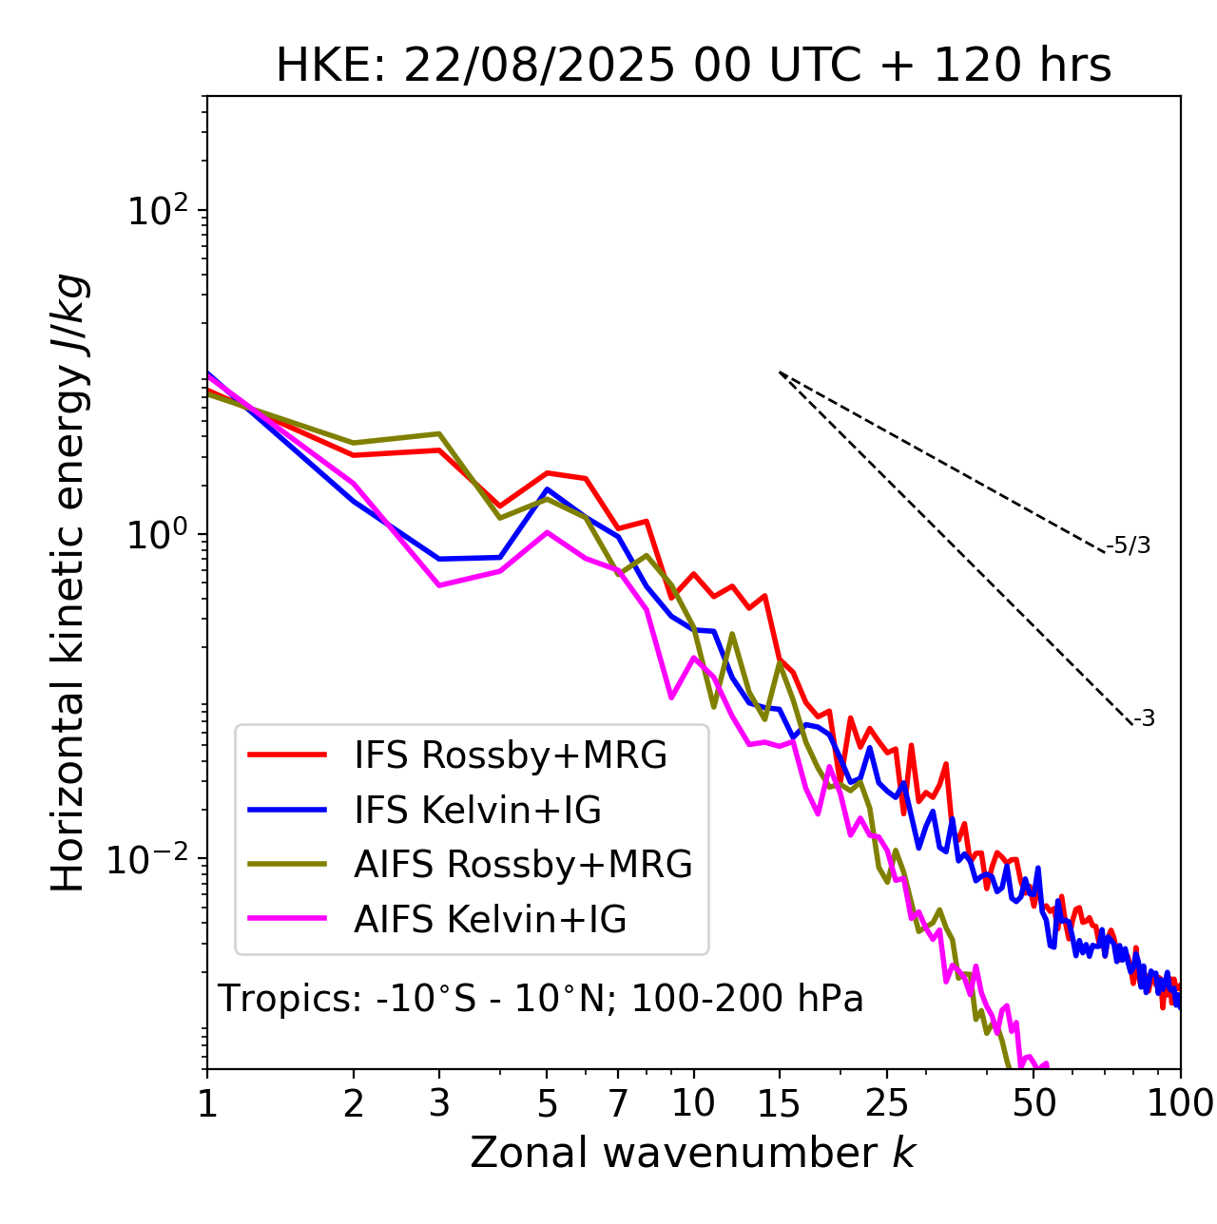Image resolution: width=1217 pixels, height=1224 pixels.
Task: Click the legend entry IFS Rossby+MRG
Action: (x=510, y=755)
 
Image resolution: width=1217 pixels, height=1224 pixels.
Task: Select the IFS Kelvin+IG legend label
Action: (x=477, y=811)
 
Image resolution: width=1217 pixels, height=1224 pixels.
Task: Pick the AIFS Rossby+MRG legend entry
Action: (x=522, y=865)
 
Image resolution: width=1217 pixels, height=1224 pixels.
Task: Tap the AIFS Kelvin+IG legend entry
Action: (x=490, y=920)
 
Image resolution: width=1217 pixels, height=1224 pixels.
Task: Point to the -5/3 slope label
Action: (x=1129, y=546)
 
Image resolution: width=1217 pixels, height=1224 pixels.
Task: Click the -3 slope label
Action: (x=1144, y=719)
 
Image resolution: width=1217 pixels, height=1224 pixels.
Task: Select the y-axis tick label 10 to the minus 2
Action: (x=152, y=857)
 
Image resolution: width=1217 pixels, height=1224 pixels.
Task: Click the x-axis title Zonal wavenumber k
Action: (x=692, y=1153)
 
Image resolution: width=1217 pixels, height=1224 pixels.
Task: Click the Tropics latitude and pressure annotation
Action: (x=540, y=1000)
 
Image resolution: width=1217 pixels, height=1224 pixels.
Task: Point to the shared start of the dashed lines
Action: (x=780, y=373)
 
